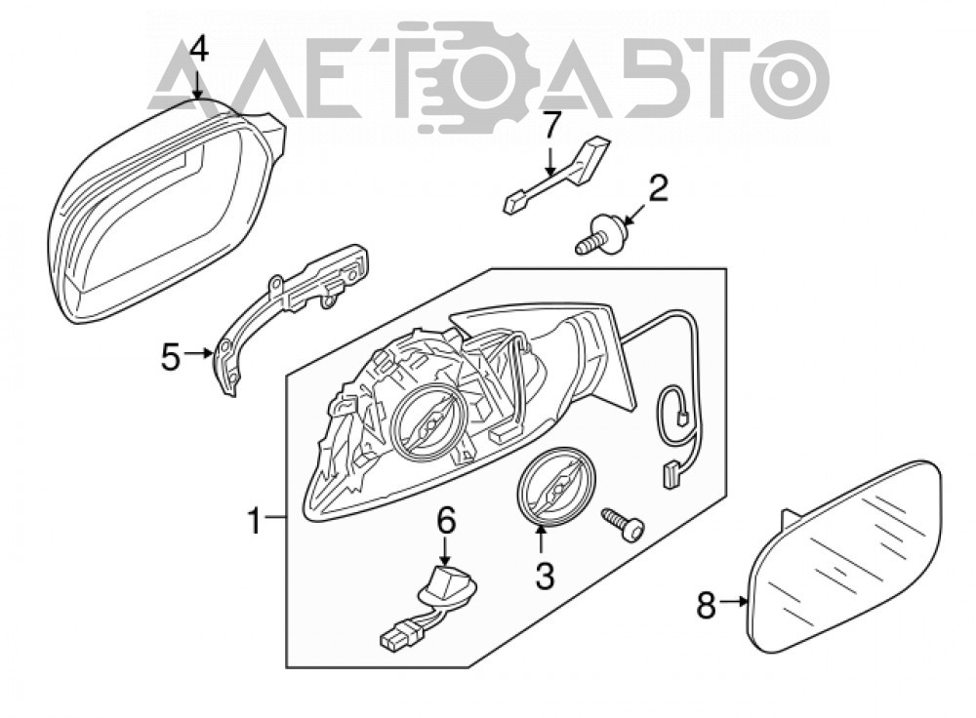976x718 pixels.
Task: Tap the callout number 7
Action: click(550, 126)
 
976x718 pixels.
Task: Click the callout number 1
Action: click(255, 520)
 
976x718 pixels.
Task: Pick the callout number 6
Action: click(446, 521)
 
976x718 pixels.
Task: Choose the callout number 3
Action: click(545, 576)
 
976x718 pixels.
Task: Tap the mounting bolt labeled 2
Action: click(601, 234)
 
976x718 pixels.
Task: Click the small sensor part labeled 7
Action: click(554, 175)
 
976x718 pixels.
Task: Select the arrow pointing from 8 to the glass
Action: click(733, 602)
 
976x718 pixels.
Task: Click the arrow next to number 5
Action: click(199, 353)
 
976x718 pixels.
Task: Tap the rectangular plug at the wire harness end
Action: click(671, 475)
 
